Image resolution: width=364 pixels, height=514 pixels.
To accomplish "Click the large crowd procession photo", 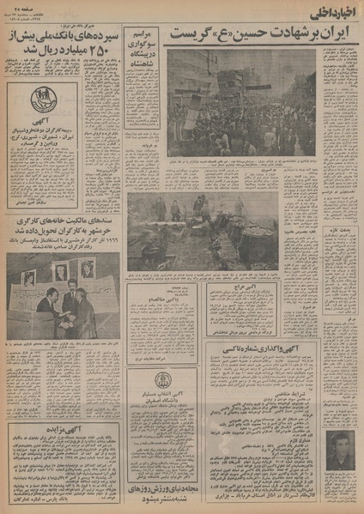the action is pyautogui.click(x=242, y=101).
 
